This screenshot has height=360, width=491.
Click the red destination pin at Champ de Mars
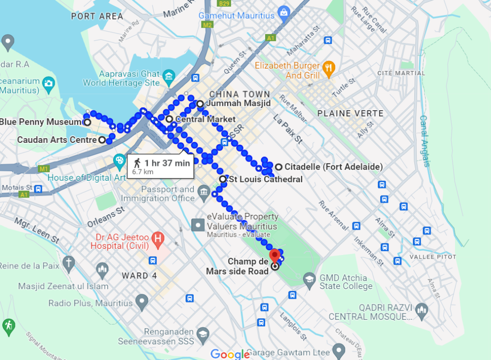pos(274,255)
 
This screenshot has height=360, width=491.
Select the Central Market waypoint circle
pos(169,118)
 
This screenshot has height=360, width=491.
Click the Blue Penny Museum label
pos(40,122)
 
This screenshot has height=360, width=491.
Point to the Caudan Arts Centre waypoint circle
pos(102,140)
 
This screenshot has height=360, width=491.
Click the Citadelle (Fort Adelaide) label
pos(333,167)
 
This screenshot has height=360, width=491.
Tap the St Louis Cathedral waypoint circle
pos(222,179)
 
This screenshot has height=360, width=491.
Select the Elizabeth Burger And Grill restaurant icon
pos(328,68)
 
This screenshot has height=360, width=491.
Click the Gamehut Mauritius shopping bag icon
pos(283,11)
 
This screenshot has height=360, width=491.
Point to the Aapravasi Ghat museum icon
pos(168,76)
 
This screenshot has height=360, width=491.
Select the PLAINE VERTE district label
pos(351,114)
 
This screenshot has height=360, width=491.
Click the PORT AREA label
pos(97,16)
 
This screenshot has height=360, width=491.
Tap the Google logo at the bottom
pos(230,354)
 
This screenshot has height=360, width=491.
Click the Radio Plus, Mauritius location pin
pos(141,302)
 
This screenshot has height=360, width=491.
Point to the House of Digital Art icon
pos(119,160)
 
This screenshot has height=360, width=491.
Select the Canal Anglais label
pos(423,141)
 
